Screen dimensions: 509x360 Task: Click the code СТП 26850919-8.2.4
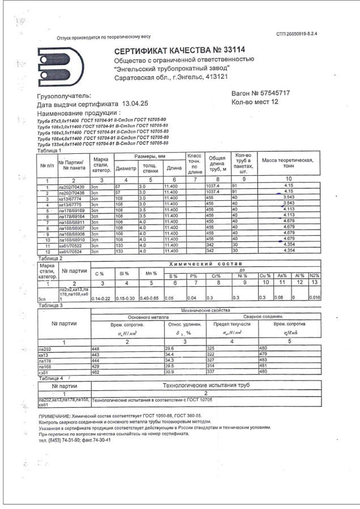[x=296, y=34]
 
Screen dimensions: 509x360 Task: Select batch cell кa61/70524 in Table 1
[x=71, y=251]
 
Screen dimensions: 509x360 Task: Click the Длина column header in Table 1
[x=172, y=168]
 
